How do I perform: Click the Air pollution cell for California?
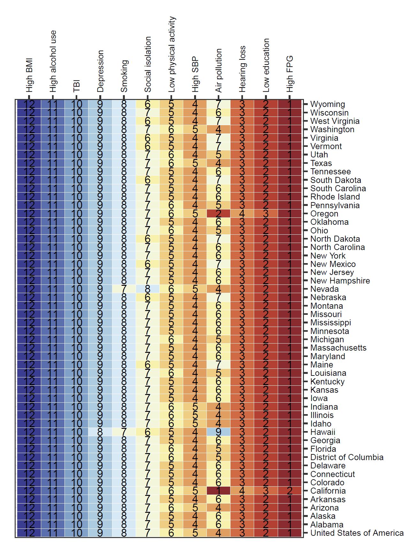click(x=218, y=491)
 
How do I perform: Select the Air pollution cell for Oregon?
click(x=218, y=214)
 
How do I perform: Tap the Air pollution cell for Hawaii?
click(x=218, y=432)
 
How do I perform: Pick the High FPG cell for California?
click(x=290, y=491)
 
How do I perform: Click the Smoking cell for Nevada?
click(x=124, y=289)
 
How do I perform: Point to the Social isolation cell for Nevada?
click(x=147, y=289)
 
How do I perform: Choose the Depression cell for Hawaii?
click(x=100, y=432)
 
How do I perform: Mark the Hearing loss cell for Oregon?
click(x=242, y=214)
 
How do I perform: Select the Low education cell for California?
click(x=266, y=491)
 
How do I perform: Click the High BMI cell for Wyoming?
click(x=29, y=104)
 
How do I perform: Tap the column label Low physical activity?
click(x=172, y=54)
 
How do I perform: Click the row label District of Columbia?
click(x=347, y=457)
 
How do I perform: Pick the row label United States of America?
click(x=357, y=533)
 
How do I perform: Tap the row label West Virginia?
click(x=335, y=121)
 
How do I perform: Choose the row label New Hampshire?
click(x=340, y=281)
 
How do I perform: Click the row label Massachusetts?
click(x=338, y=348)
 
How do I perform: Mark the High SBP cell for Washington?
click(x=195, y=129)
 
